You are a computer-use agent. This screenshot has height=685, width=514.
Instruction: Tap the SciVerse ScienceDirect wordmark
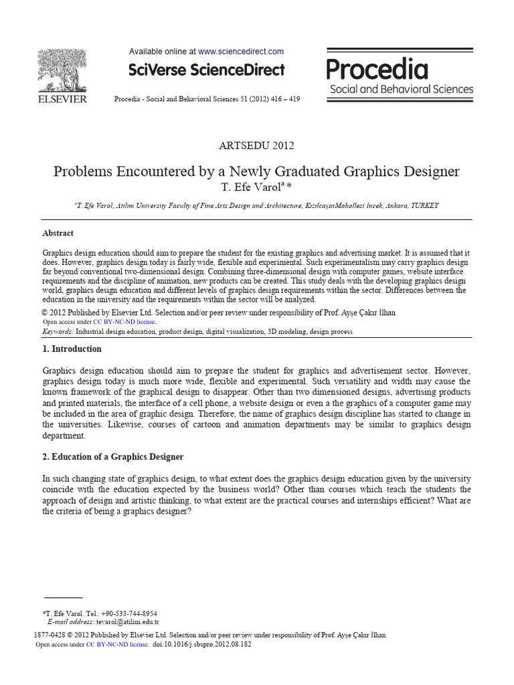(x=206, y=70)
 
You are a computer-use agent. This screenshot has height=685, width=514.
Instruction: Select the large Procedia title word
(x=377, y=69)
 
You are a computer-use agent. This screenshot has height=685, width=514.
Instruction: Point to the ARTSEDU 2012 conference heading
(x=256, y=145)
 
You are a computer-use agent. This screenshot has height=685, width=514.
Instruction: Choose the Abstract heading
(x=58, y=233)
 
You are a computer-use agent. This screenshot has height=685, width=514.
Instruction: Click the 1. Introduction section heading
(x=72, y=349)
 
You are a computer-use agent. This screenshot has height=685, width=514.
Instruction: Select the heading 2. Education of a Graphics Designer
(x=113, y=457)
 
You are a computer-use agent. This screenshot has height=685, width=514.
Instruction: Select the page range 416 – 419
(x=284, y=99)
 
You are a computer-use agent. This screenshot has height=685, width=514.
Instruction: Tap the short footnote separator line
(x=63, y=597)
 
